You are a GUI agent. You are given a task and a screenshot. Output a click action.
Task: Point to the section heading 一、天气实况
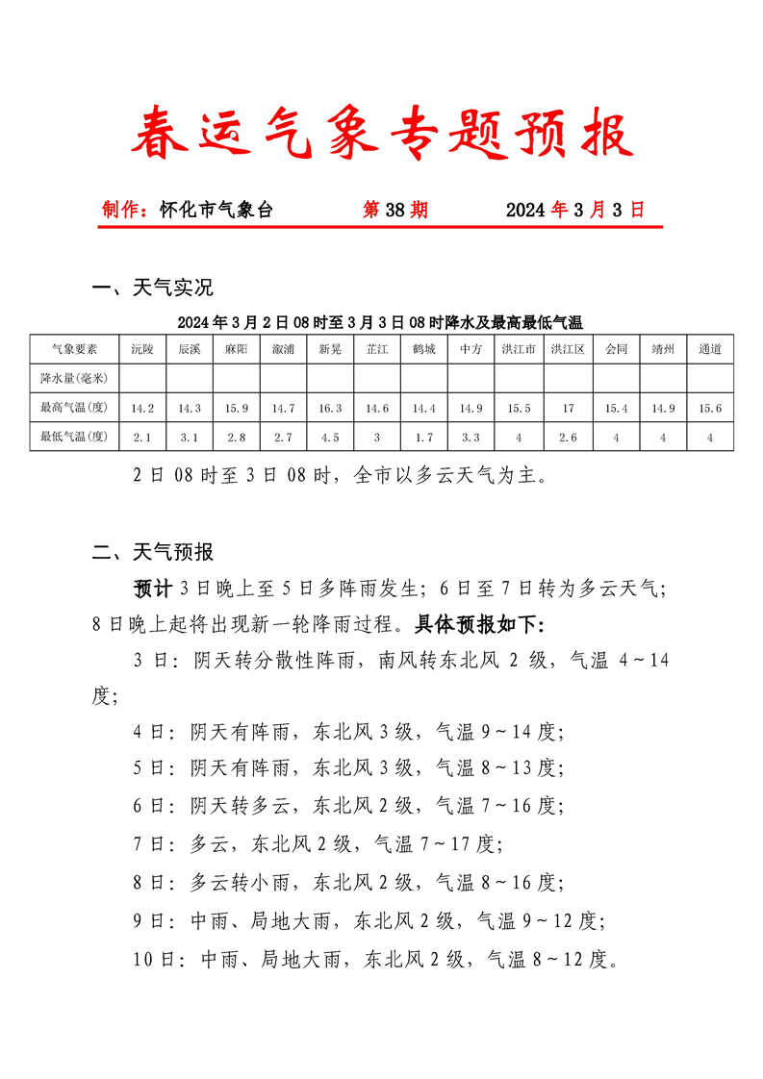click(x=152, y=288)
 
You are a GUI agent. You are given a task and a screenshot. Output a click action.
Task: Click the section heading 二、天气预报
click(x=152, y=552)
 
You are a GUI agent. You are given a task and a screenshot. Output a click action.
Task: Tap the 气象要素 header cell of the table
click(x=74, y=349)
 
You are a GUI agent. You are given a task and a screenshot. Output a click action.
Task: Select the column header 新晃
click(x=330, y=349)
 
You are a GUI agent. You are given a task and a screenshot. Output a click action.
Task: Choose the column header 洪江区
click(x=568, y=349)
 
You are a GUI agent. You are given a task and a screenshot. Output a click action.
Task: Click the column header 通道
click(x=710, y=349)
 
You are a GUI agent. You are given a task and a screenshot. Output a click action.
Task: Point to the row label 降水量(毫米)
click(x=74, y=378)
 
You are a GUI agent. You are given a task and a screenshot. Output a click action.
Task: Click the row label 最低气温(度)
click(x=74, y=438)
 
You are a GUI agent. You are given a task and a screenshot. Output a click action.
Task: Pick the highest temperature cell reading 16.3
click(x=330, y=409)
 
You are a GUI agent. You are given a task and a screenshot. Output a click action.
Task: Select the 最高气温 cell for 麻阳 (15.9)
click(x=237, y=409)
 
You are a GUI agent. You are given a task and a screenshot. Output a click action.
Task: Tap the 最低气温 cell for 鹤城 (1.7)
click(x=424, y=438)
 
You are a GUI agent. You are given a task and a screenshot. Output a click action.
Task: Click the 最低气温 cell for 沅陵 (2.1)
click(x=142, y=438)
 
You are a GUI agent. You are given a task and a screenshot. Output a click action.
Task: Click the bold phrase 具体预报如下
click(x=479, y=624)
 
